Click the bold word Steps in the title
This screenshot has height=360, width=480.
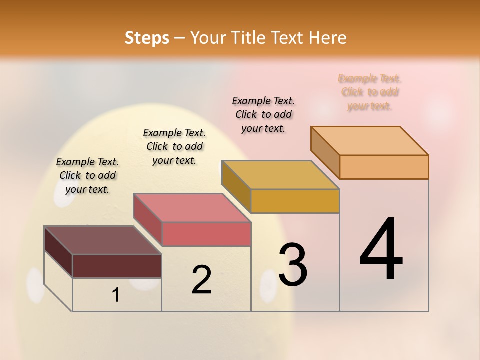[x=147, y=38]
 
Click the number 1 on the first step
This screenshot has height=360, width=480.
[x=116, y=295]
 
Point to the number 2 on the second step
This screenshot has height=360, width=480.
[x=201, y=280]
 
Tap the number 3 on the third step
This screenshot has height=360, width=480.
[x=293, y=265]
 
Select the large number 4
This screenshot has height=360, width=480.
[x=381, y=249]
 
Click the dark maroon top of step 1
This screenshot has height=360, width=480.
[x=102, y=240]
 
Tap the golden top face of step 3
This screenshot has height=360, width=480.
[x=280, y=175]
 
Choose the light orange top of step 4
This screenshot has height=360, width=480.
[x=369, y=141]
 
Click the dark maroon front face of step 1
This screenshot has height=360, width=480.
[x=117, y=266]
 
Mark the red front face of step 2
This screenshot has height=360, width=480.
[x=206, y=234]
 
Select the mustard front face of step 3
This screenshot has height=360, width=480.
[x=295, y=201]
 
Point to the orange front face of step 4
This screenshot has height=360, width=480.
[x=384, y=167]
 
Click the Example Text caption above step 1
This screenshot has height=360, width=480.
[x=87, y=175]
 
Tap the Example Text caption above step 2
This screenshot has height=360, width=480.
[x=174, y=146]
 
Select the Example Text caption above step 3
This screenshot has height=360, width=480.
[x=263, y=114]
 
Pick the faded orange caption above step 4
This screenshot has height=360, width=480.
[x=370, y=92]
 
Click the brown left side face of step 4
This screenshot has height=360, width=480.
[x=325, y=152]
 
